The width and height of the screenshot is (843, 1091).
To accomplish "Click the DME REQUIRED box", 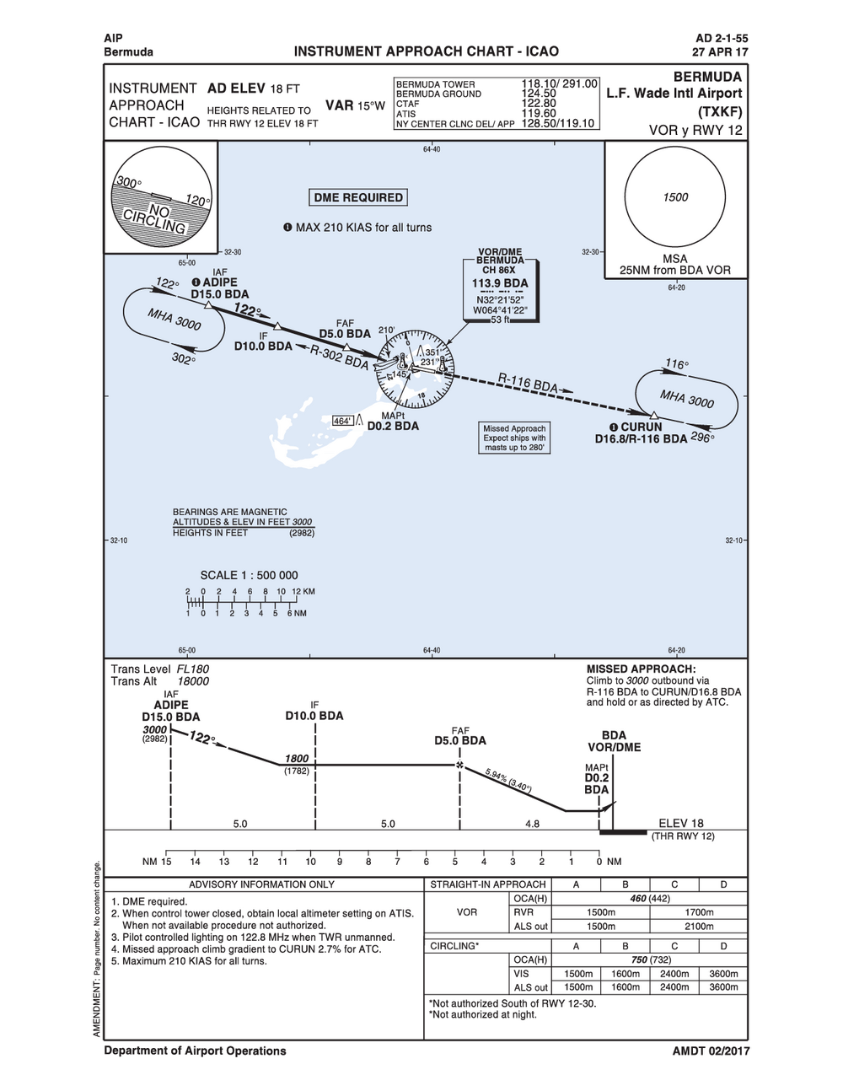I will tap(358, 198).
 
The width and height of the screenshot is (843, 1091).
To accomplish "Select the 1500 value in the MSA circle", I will tap(675, 197).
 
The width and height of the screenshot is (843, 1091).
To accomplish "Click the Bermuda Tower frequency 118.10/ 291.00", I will tap(559, 84).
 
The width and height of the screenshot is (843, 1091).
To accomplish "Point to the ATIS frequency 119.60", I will tap(539, 113).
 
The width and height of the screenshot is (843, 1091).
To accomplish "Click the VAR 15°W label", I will tap(355, 105).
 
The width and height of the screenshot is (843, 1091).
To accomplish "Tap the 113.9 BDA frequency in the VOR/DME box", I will tap(500, 283).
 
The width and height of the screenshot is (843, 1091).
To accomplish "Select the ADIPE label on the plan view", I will tap(219, 282).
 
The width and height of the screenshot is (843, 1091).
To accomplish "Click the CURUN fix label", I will tap(641, 427).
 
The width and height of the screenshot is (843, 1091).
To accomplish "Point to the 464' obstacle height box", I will tap(342, 421).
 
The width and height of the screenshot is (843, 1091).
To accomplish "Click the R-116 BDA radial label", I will tap(528, 383).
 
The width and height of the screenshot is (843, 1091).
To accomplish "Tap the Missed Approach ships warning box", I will tap(514, 438).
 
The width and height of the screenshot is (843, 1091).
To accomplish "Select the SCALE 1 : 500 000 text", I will tap(249, 576).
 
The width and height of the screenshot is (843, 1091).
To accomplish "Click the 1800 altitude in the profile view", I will tap(297, 759).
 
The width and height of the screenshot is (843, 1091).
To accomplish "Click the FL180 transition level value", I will tap(193, 669).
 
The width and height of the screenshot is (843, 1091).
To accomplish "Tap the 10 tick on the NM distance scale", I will tap(310, 862).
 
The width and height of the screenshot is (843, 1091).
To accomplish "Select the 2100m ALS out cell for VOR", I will tap(699, 927).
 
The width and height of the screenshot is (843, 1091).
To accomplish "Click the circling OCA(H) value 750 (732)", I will tap(649, 960).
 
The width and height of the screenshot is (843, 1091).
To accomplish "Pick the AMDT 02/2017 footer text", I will tap(711, 1051).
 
